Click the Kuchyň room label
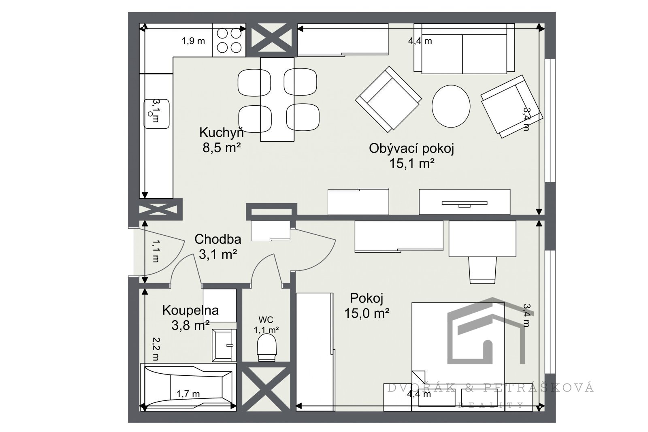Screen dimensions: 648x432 pos(221,133)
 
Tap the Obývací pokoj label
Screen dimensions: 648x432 pos(411,149)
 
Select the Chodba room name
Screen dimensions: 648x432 pos(218,239)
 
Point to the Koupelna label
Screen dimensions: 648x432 pos(190,310)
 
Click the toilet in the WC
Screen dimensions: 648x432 pos(266,347)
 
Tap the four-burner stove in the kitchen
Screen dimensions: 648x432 pos(229,40)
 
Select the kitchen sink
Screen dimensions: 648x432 pos(156,114)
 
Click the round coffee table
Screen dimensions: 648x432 pos(451,106)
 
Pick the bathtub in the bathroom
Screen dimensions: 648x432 pos(188,387)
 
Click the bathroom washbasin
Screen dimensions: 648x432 pos(224,345)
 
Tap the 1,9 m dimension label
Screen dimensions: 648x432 pos(193,41)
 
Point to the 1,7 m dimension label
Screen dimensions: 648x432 pos(188,394)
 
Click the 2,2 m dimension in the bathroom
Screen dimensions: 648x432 pos(156,349)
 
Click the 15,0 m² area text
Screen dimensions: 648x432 pos(367,313)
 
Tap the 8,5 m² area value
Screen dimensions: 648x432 pos(222,148)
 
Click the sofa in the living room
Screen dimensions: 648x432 pos(464,49)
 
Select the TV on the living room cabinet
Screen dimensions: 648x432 pos(464,204)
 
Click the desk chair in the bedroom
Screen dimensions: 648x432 pos(482,270)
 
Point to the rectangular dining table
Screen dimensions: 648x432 pos(277,99)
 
